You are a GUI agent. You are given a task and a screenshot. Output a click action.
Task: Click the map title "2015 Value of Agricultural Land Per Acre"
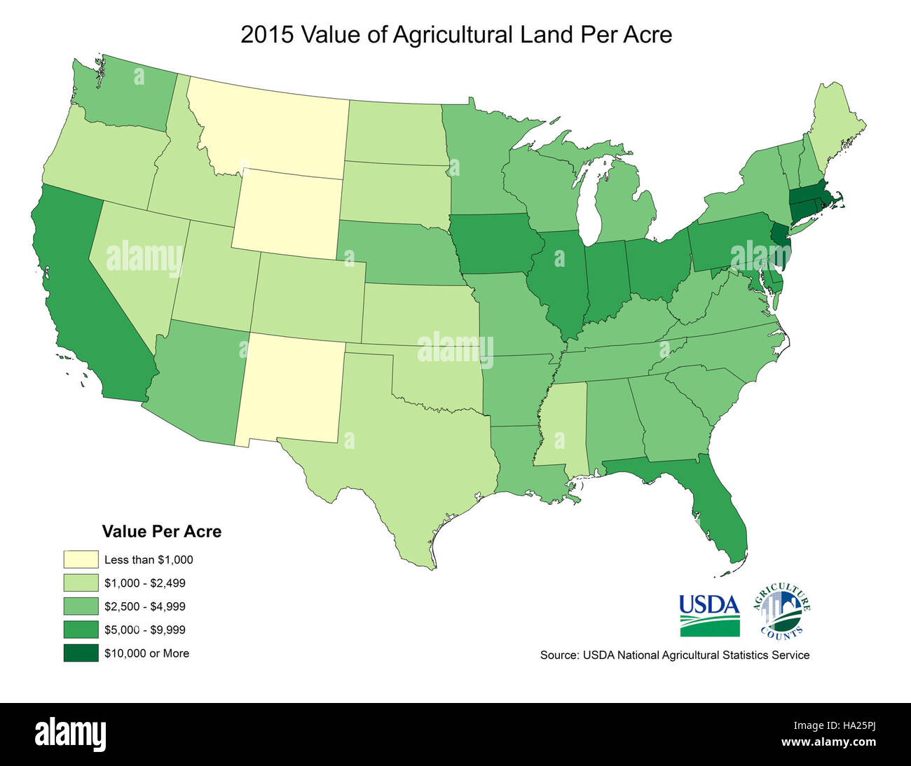click(455, 34)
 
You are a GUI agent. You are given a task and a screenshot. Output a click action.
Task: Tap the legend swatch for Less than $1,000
click(81, 559)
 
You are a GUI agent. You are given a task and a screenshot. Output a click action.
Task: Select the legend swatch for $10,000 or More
click(81, 653)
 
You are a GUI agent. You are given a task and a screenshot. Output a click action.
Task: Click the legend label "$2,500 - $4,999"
click(144, 606)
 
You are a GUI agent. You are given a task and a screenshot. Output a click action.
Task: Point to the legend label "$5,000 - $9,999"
click(144, 629)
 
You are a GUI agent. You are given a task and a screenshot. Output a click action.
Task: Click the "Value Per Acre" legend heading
click(161, 531)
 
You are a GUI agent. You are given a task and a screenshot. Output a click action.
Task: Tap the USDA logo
click(709, 615)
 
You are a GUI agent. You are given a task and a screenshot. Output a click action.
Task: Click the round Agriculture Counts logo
click(781, 611)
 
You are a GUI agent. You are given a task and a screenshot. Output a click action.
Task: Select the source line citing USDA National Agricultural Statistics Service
click(674, 655)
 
